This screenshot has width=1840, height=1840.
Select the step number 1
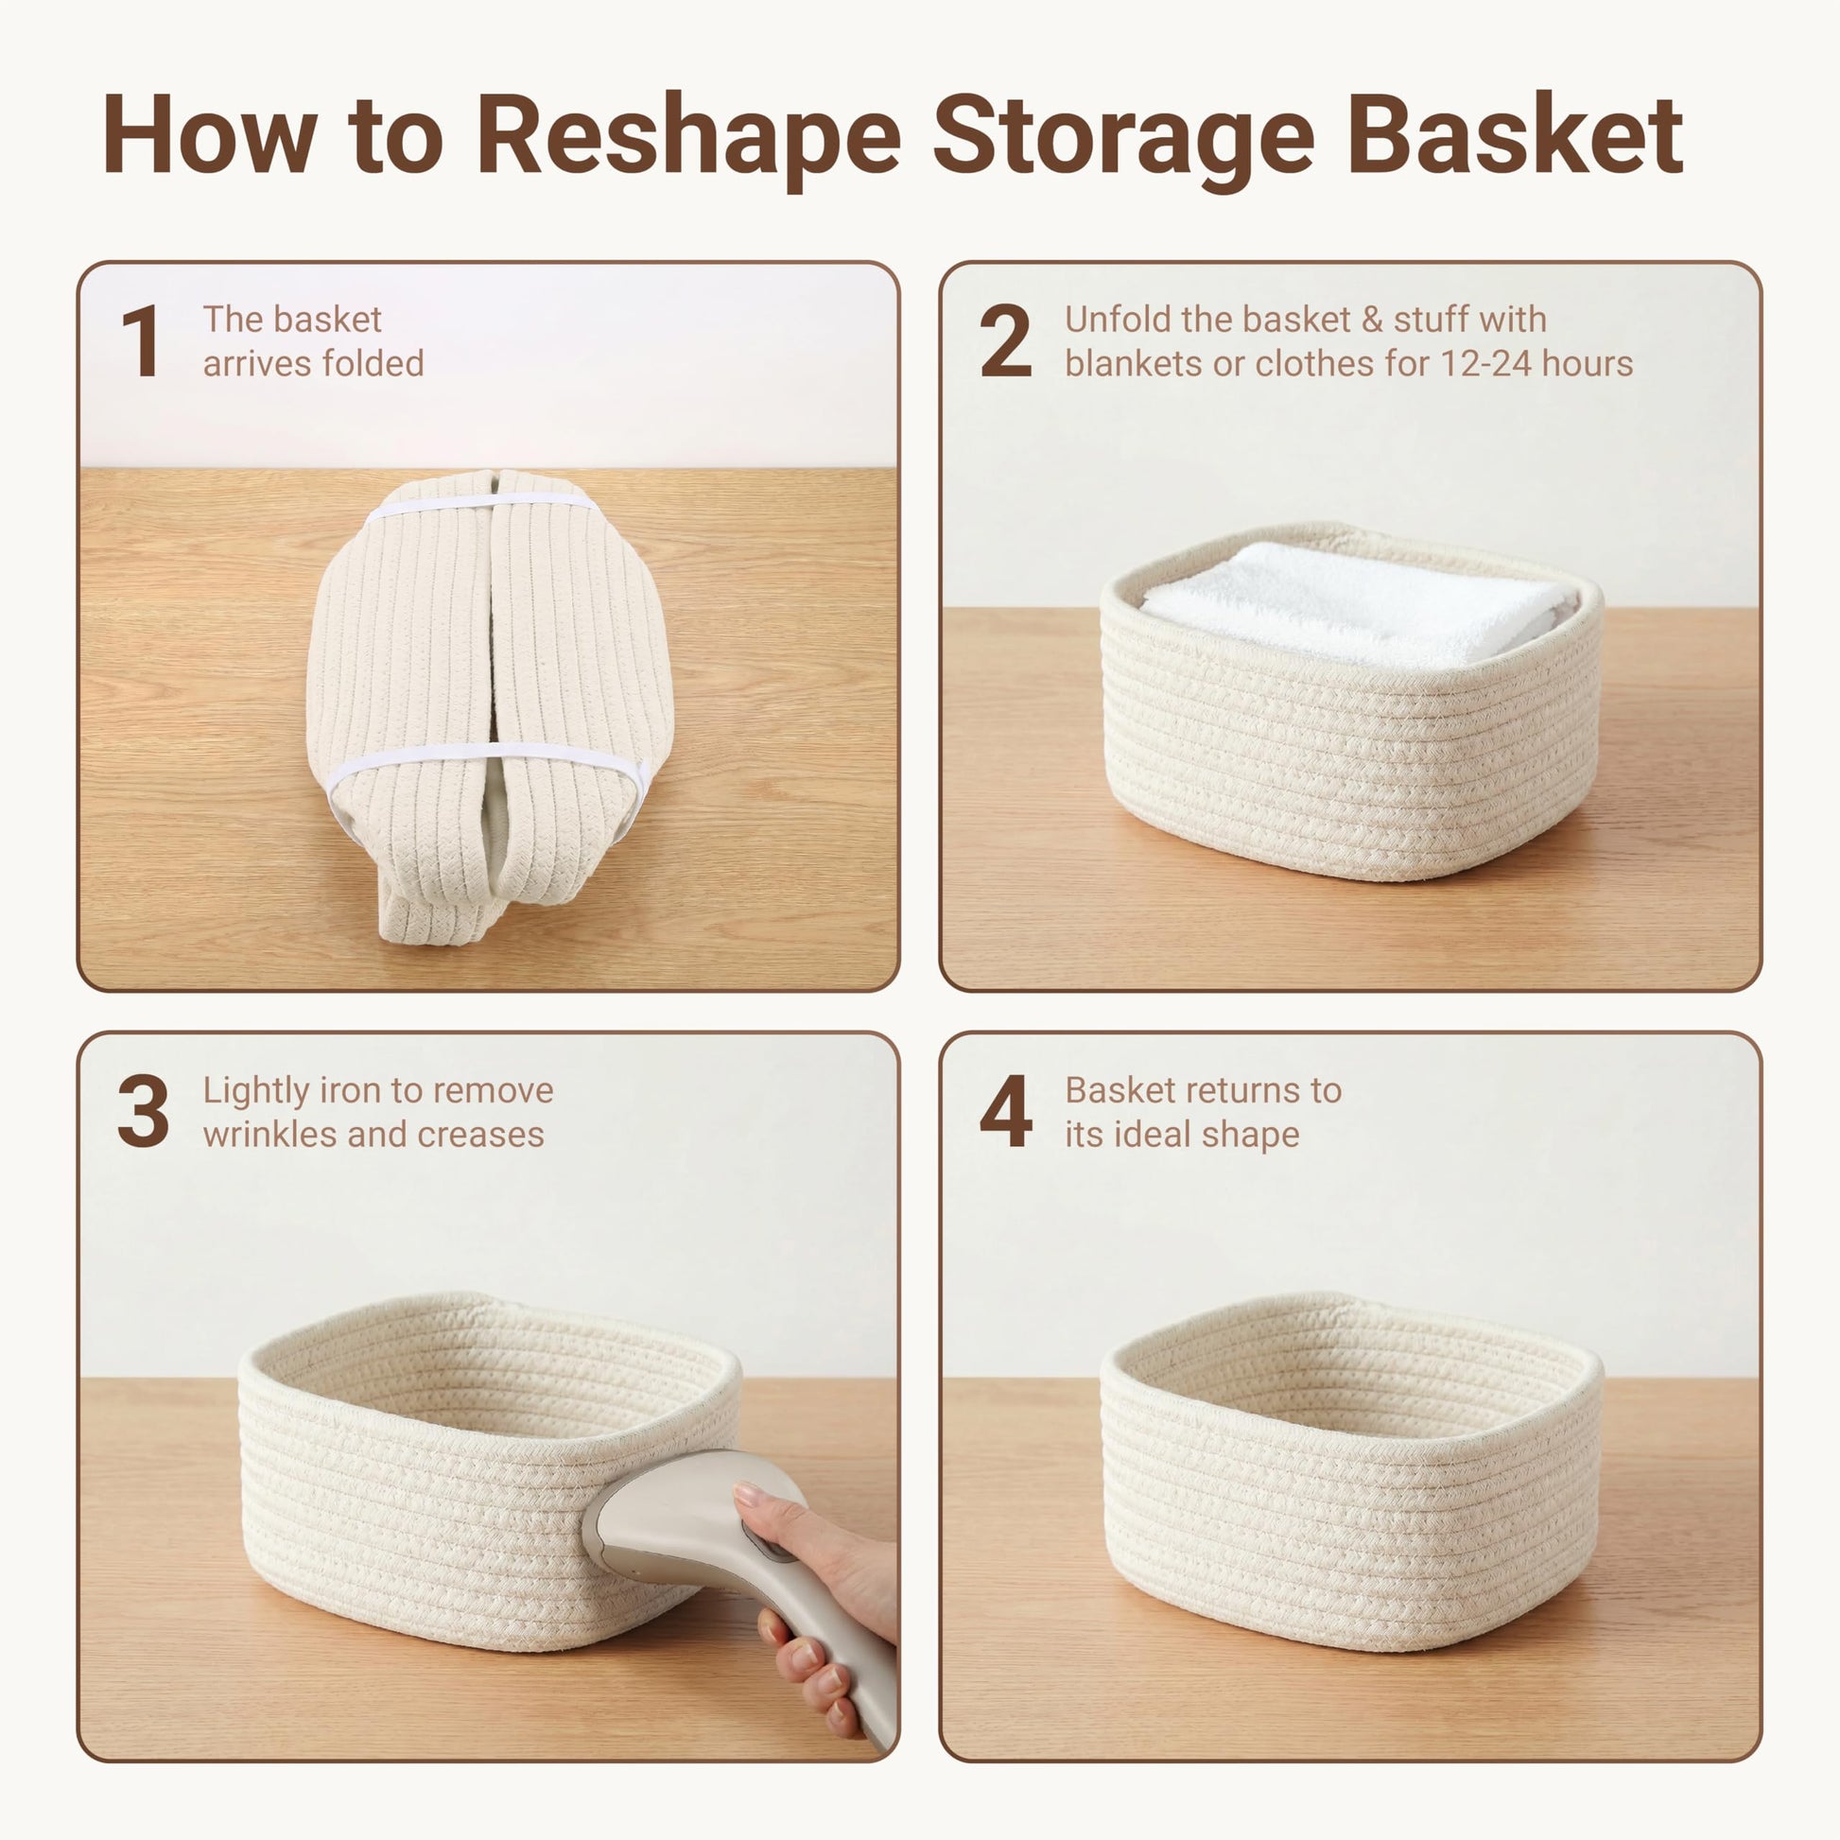click(141, 341)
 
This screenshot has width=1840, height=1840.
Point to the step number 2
click(1006, 341)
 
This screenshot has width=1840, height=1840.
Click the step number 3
click(143, 1110)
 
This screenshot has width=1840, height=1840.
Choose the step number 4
click(1006, 1110)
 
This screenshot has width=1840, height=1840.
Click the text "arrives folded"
click(313, 364)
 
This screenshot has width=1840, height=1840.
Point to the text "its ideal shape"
click(1182, 1136)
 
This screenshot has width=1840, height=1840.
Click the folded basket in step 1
click(490, 705)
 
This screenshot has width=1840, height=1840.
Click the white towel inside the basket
click(1352, 604)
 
